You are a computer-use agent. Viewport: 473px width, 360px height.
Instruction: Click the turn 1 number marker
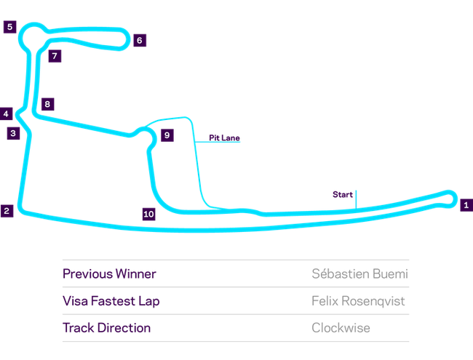click(465, 205)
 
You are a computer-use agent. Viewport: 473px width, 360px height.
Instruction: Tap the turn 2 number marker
click(7, 211)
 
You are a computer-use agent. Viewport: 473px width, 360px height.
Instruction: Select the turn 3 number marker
click(12, 132)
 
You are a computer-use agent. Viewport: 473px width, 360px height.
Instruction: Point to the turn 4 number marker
click(6, 114)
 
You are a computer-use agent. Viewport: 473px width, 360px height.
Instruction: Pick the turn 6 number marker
click(140, 40)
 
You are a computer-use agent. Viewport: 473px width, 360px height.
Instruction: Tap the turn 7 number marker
click(53, 55)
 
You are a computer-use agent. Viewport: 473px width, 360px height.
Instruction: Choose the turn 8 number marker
click(47, 104)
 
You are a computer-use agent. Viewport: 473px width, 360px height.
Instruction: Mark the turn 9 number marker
click(167, 135)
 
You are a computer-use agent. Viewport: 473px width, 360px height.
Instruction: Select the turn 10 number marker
click(148, 214)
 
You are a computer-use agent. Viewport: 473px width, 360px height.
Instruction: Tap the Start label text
click(341, 194)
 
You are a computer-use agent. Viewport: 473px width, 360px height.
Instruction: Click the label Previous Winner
click(109, 274)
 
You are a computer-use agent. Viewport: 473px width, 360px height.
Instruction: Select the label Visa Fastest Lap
click(111, 301)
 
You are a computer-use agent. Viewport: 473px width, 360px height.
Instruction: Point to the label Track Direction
click(106, 328)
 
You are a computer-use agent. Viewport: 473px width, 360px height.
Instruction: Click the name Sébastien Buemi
click(359, 274)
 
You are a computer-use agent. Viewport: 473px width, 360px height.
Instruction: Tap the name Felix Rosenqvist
click(358, 301)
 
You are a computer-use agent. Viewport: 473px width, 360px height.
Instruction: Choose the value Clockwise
click(341, 328)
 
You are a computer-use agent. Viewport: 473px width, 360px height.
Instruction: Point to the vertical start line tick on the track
click(355, 201)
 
